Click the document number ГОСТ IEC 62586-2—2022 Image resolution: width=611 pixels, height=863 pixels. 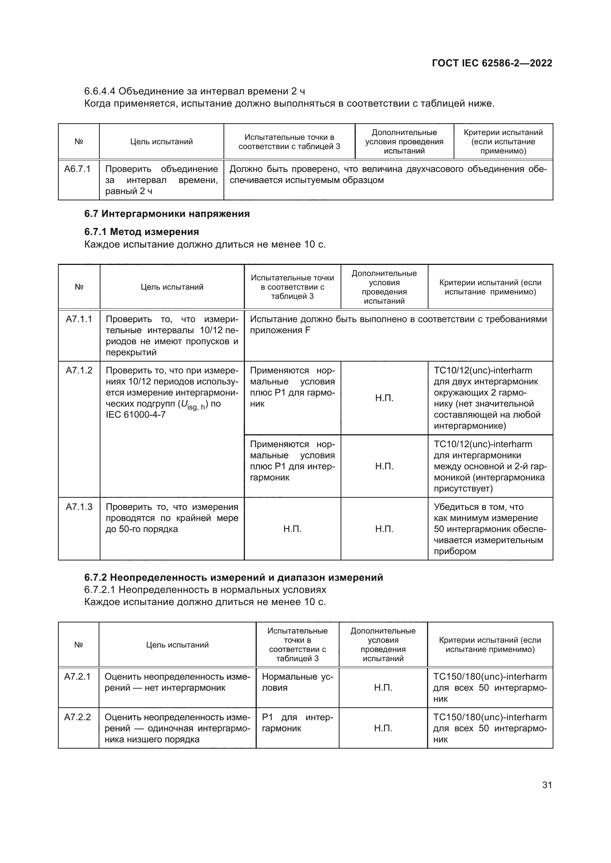(492, 63)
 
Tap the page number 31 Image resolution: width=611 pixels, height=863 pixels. (547, 785)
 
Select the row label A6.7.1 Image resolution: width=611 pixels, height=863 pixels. (78, 169)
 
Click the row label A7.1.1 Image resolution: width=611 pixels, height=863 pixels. (79, 319)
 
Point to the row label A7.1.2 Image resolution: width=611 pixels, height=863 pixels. (79, 370)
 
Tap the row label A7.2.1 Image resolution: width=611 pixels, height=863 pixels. (78, 677)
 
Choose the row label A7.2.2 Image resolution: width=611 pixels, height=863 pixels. (78, 717)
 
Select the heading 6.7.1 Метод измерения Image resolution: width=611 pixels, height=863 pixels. (141, 232)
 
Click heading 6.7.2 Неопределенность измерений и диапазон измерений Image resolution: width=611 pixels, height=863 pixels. (233, 577)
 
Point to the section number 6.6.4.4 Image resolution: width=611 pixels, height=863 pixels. (100, 92)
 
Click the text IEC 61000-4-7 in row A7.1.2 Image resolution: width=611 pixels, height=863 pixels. (136, 415)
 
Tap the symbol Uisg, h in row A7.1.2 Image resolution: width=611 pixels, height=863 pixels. (193, 404)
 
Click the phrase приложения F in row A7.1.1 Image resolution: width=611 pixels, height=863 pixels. (280, 330)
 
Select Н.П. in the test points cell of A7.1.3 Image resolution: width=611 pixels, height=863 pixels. (292, 529)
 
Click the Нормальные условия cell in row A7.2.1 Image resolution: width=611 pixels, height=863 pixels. (297, 682)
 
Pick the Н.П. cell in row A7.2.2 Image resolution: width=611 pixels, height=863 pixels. (383, 728)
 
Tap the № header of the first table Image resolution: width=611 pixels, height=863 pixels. (79, 142)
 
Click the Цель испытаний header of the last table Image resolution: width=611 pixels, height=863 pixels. (177, 645)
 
